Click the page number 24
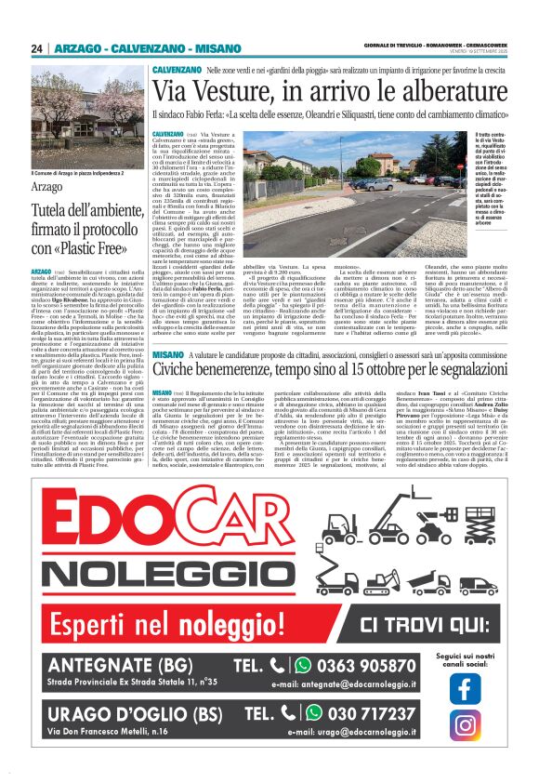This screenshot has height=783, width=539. tap(37, 48)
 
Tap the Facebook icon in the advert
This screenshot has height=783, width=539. tap(465, 688)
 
